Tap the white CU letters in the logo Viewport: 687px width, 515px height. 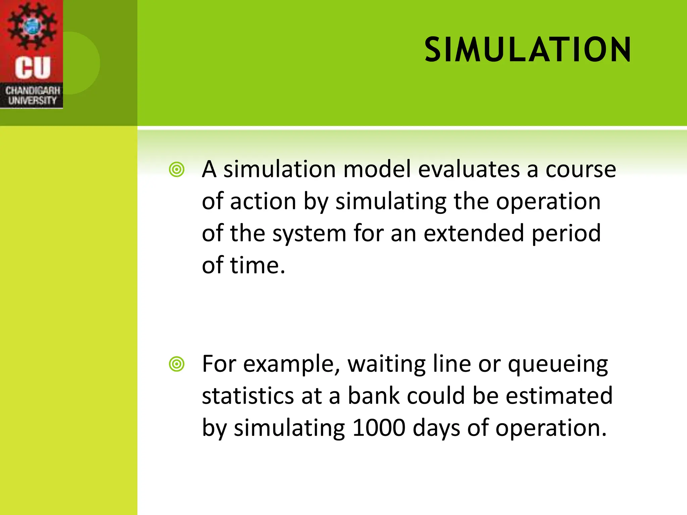pos(33,67)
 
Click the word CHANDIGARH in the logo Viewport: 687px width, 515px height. pos(33,91)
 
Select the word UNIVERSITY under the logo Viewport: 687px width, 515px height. pos(32,100)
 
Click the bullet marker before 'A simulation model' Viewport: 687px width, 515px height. pos(177,170)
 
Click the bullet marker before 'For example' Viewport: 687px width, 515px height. pos(177,364)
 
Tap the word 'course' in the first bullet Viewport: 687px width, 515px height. pos(581,169)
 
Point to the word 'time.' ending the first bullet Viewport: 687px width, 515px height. pos(257,265)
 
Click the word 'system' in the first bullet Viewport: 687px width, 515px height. pos(309,234)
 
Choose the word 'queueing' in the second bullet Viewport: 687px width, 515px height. pos(558,364)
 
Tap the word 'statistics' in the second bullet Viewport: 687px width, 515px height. pos(248,396)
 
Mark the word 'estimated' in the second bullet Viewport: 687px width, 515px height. pos(559,396)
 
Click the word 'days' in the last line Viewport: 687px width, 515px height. pos(436,428)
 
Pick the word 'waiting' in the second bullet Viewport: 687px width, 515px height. pos(386,364)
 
